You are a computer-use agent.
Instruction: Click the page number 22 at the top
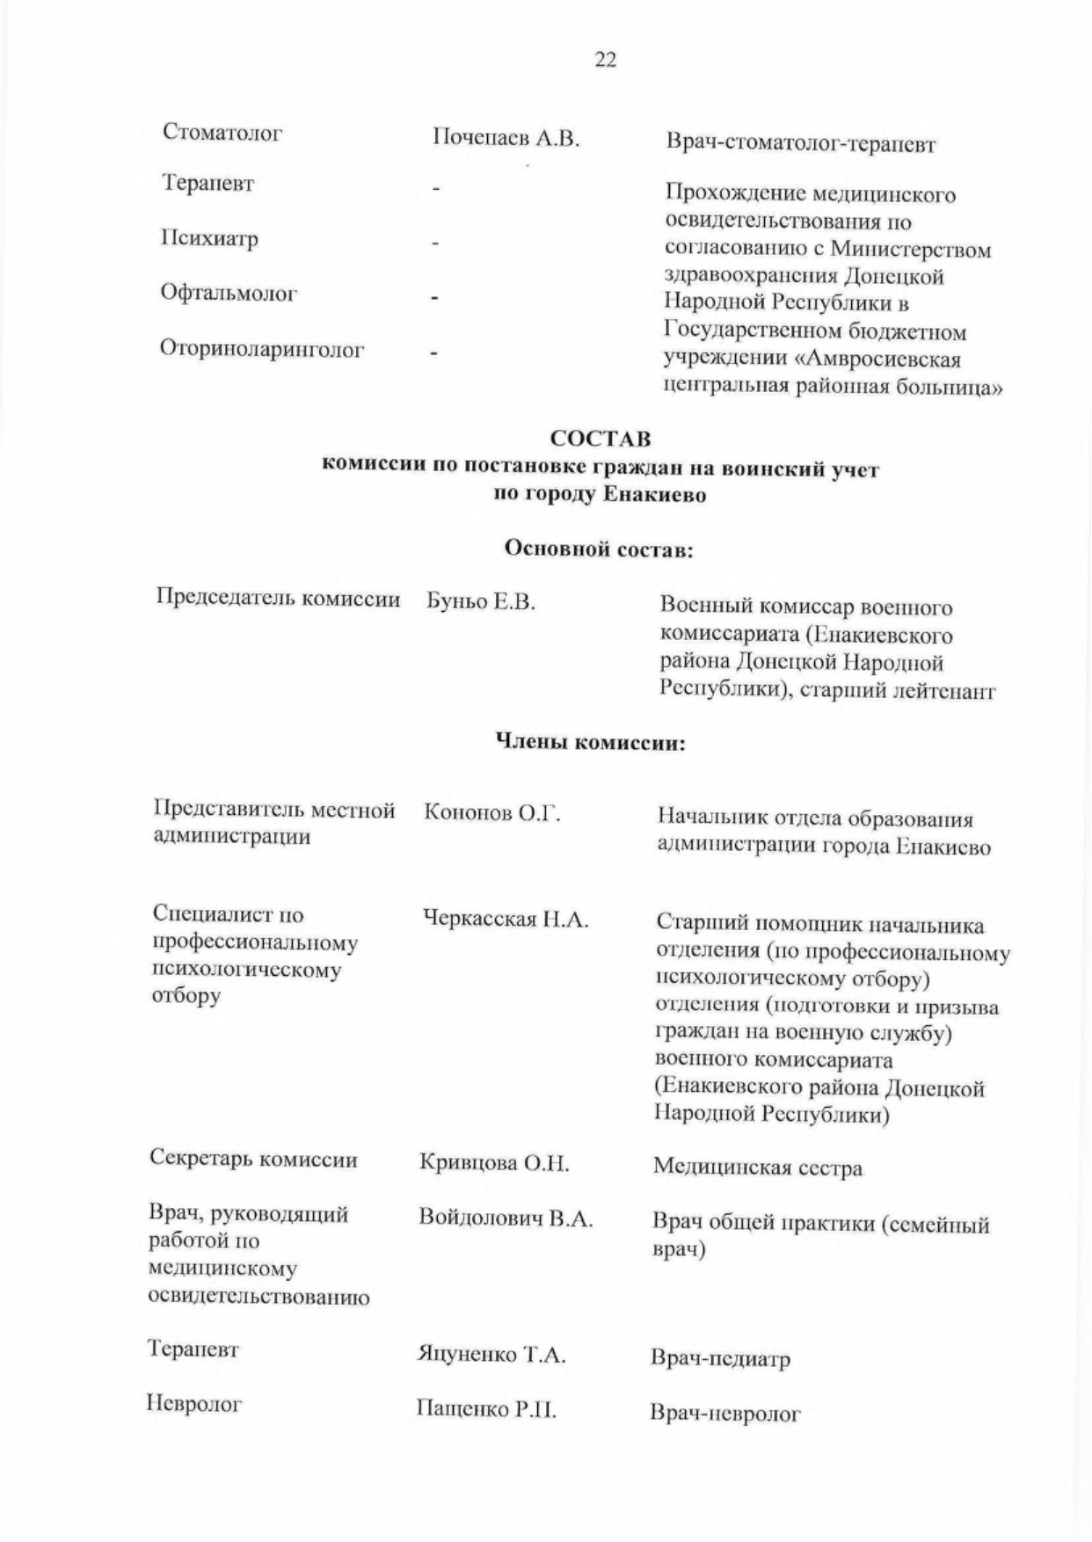(x=606, y=61)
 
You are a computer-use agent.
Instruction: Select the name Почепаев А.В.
(x=506, y=139)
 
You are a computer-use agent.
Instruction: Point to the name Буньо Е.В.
(x=481, y=602)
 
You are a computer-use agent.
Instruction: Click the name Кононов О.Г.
(x=492, y=813)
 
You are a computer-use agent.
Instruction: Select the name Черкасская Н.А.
(x=506, y=920)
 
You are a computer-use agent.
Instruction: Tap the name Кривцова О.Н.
(x=495, y=1164)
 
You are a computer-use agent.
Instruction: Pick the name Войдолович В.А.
(x=506, y=1219)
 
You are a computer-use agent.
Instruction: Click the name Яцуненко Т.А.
(x=491, y=1355)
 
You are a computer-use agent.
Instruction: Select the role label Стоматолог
(x=222, y=134)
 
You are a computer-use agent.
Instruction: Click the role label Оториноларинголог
(x=262, y=349)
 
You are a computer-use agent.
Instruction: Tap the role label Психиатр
(x=209, y=239)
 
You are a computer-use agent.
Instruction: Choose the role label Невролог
(x=194, y=1404)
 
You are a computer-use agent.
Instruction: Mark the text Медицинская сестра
(x=757, y=1168)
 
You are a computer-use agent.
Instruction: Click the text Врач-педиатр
(x=720, y=1359)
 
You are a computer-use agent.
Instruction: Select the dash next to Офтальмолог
(x=434, y=297)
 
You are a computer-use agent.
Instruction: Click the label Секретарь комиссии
(x=254, y=1160)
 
